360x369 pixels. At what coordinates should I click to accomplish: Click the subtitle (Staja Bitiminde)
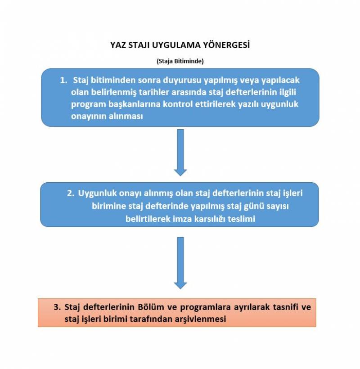tap(180, 61)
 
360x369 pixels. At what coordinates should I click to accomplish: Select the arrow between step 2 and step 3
tap(180, 262)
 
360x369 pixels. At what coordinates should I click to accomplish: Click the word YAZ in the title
tap(118, 45)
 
